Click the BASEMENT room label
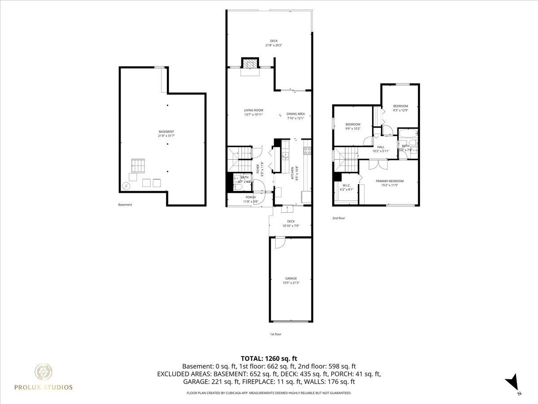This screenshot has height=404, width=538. (x=166, y=132)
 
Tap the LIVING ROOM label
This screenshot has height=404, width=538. (x=253, y=110)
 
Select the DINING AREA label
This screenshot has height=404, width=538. (x=295, y=114)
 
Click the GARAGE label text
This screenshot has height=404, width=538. (x=291, y=278)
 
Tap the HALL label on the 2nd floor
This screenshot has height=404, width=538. (x=381, y=147)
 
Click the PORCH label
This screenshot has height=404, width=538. (x=251, y=197)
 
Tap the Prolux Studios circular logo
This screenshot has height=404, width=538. (x=44, y=372)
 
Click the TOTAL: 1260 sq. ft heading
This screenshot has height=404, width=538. (x=269, y=358)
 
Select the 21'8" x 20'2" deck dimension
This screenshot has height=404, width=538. (x=273, y=45)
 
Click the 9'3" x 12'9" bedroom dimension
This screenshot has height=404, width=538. (x=400, y=110)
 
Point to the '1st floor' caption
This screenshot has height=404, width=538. (x=275, y=334)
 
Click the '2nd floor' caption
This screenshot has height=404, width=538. (x=338, y=218)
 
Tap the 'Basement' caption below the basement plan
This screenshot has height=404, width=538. (x=125, y=205)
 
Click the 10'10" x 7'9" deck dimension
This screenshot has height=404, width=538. (x=291, y=226)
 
